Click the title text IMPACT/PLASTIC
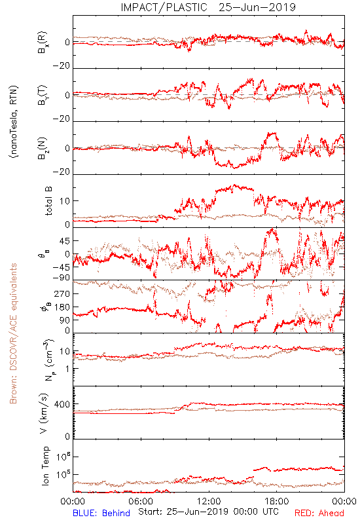pyautogui.click(x=164, y=7)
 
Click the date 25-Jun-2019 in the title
pyautogui.click(x=257, y=7)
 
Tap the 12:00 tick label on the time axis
pyautogui.click(x=209, y=501)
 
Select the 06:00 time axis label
pyautogui.click(x=141, y=501)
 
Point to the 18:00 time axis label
pyautogui.click(x=277, y=501)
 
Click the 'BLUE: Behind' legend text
pyautogui.click(x=101, y=514)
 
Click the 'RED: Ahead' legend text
pyautogui.click(x=319, y=514)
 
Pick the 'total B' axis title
pyautogui.click(x=48, y=201)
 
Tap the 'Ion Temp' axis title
pyautogui.click(x=45, y=466)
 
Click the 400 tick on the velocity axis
pyautogui.click(x=62, y=404)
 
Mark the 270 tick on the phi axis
pyautogui.click(x=62, y=293)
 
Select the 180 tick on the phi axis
pyautogui.click(x=62, y=307)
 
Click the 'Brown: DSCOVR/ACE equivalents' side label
pyautogui.click(x=13, y=333)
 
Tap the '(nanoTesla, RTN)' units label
pyautogui.click(x=14, y=122)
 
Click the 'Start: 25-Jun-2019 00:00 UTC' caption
pyautogui.click(x=208, y=512)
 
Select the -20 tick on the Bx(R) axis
pyautogui.click(x=61, y=66)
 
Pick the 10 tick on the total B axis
pyautogui.click(x=65, y=201)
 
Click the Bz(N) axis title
pyautogui.click(x=42, y=148)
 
